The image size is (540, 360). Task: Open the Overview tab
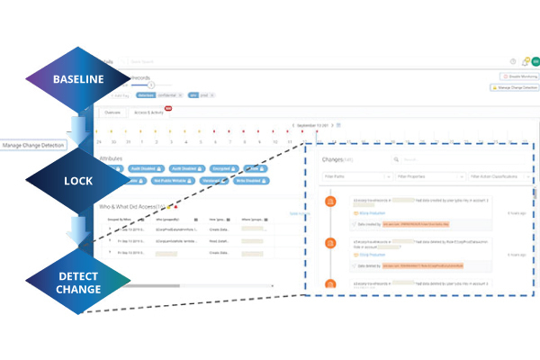(112, 112)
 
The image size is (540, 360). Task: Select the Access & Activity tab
(149, 112)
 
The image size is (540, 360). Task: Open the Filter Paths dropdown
(355, 177)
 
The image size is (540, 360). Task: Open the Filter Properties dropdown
(428, 177)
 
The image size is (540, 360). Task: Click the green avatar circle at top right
(535, 61)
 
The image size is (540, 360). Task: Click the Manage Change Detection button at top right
(514, 88)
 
